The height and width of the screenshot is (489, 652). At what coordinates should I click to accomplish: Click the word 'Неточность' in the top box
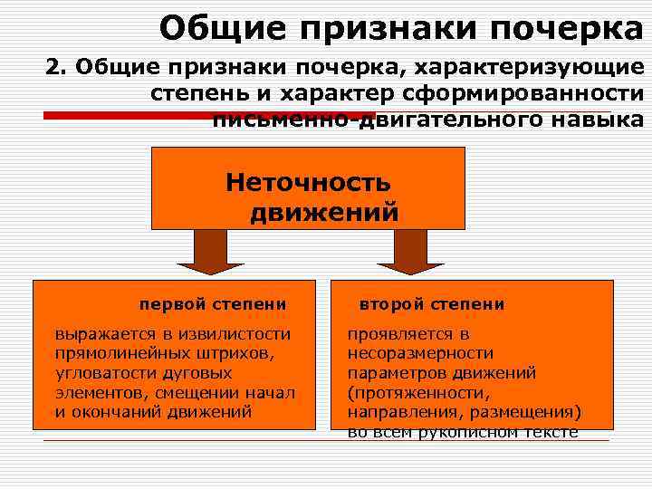point(308,183)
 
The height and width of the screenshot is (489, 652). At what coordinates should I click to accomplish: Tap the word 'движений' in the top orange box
point(324,213)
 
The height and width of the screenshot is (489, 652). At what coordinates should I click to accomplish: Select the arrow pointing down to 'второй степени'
point(411,253)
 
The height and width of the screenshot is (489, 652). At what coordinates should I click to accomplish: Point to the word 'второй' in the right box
point(392,304)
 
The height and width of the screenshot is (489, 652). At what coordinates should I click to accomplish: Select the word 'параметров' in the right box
point(391,372)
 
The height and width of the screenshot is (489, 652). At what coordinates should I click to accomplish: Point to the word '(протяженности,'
point(417,392)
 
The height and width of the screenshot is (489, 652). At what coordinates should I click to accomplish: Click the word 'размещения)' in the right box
point(534,412)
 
